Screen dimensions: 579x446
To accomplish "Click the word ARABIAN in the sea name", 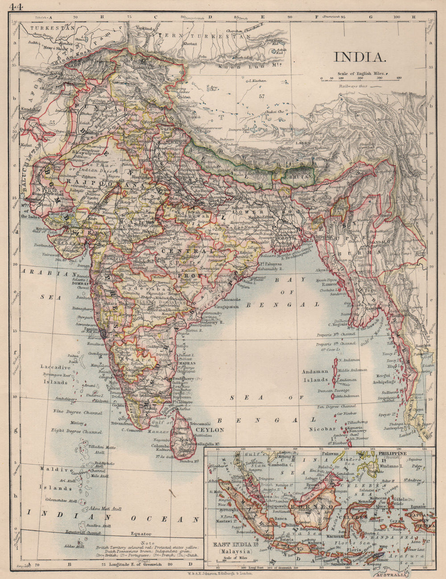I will pos(43,275).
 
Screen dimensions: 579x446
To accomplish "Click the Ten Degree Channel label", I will pos(336,407).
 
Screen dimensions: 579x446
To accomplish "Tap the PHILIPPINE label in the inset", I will pos(393,453).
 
